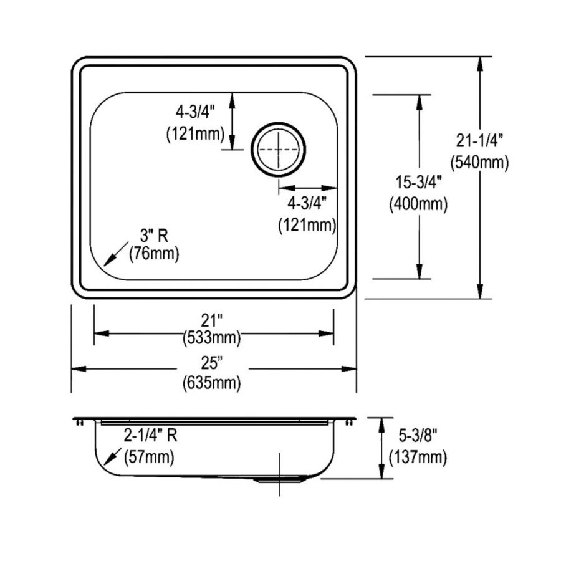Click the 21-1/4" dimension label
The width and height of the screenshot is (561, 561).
tap(479, 141)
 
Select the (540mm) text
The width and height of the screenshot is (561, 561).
tap(479, 163)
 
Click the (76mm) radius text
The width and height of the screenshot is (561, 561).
tap(153, 254)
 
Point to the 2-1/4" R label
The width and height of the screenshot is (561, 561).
tap(150, 436)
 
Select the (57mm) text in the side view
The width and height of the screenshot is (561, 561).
tap(150, 457)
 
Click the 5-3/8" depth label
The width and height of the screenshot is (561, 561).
tap(418, 438)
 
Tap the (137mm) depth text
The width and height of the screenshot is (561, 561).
tap(418, 458)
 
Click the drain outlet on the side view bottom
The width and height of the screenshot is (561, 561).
tap(280, 481)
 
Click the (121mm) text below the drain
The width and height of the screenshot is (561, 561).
tap(307, 224)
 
